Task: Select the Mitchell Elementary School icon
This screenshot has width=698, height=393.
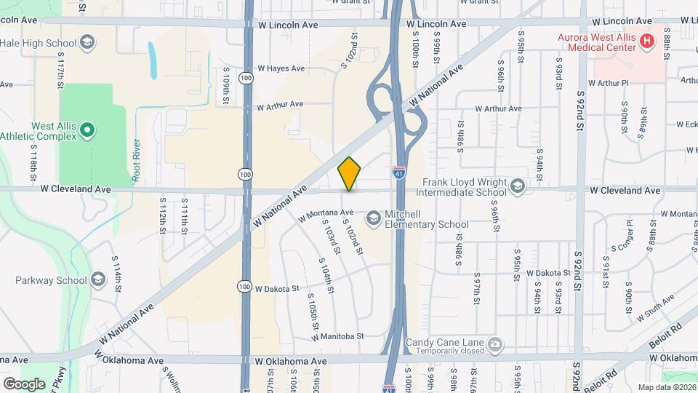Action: click(373, 218)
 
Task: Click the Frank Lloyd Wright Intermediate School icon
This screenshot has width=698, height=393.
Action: click(518, 187)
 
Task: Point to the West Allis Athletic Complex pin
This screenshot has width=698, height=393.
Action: click(87, 131)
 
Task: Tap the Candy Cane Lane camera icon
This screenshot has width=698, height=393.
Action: click(495, 344)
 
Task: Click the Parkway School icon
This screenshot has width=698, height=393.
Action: click(98, 280)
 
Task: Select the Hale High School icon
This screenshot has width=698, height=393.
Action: click(87, 42)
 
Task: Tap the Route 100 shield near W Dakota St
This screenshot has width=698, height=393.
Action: click(247, 287)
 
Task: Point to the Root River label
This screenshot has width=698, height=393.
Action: click(136, 159)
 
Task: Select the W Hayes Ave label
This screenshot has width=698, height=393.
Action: click(281, 68)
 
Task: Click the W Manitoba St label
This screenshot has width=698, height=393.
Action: click(337, 337)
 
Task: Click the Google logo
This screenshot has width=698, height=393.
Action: click(24, 384)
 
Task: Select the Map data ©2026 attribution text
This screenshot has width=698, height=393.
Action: click(666, 387)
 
